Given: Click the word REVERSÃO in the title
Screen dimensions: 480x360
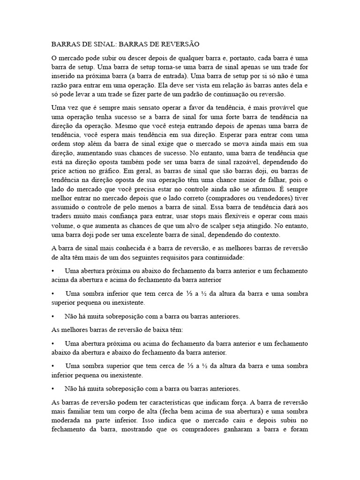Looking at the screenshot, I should tap(180, 45).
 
